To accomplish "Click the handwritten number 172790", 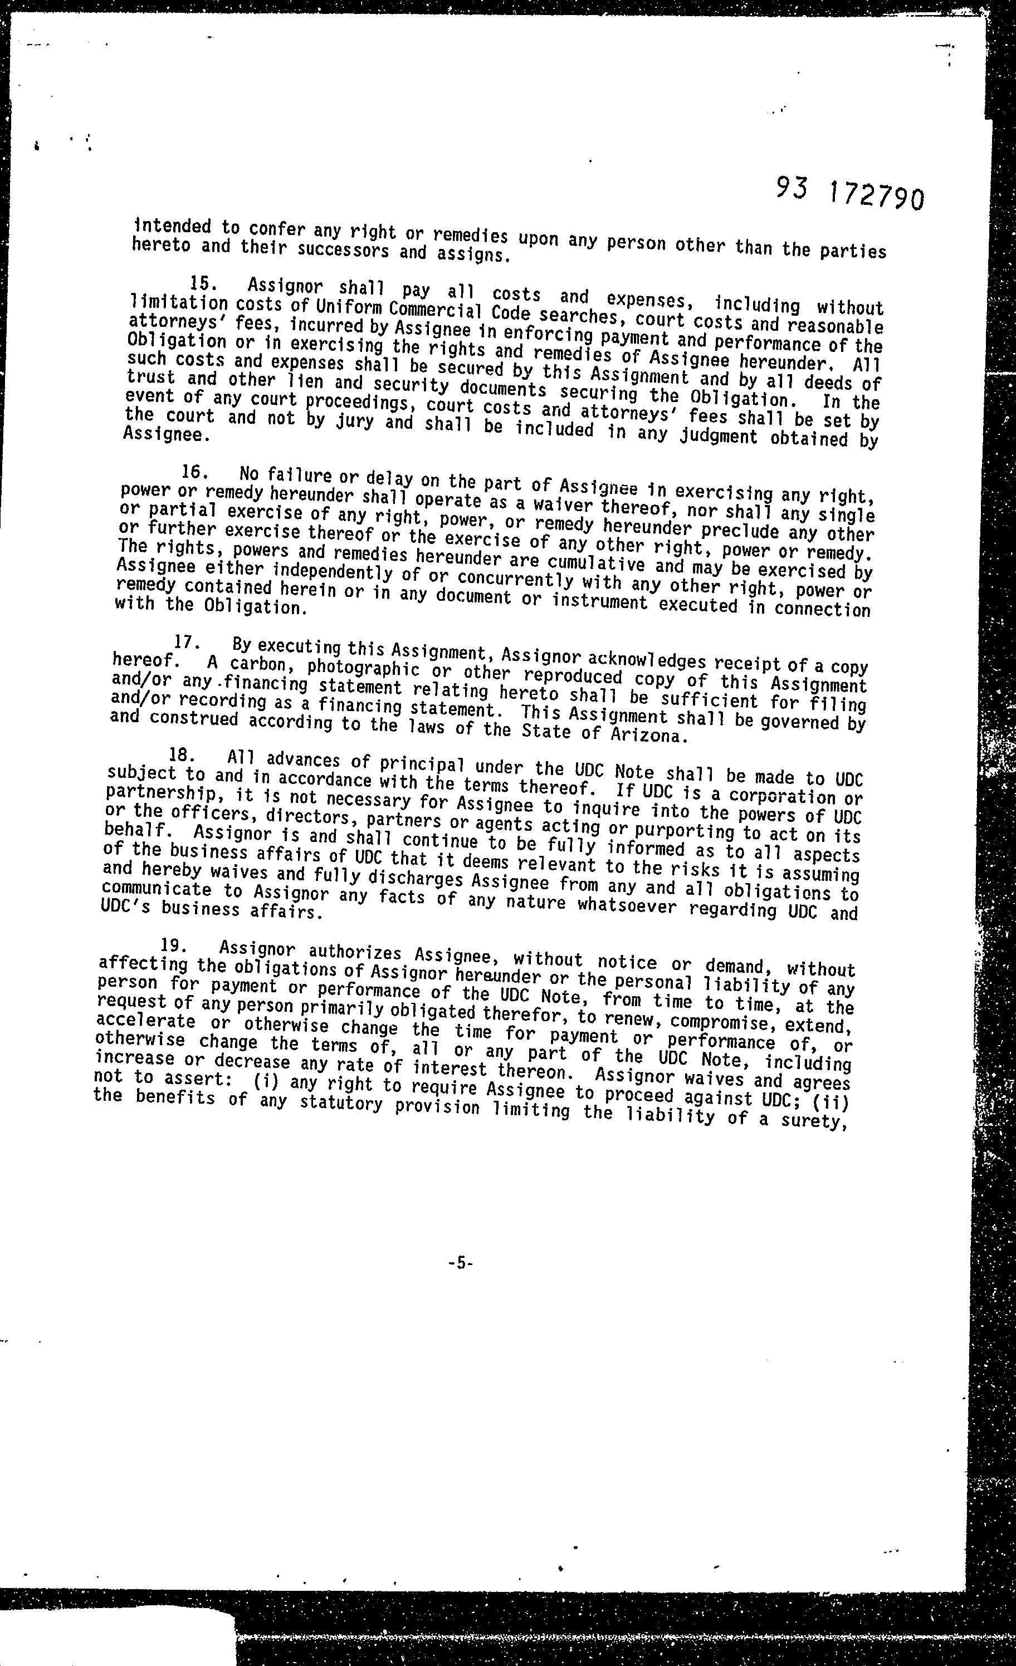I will [875, 197].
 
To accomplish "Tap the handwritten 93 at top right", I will [792, 189].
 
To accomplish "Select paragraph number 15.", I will [202, 283].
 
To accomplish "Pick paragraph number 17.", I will [184, 641].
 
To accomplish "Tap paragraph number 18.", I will [181, 754].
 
